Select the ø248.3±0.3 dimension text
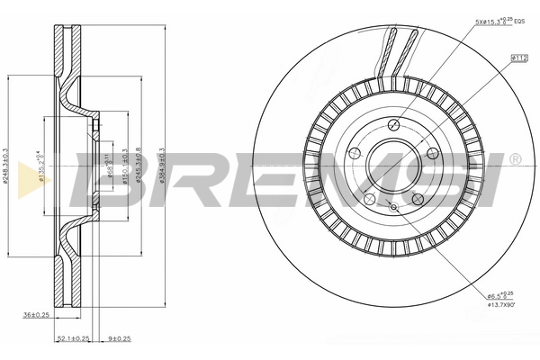tap(6, 166)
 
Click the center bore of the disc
tap(390, 161)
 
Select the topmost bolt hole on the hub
tap(393, 124)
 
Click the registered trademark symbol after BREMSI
tap(514, 159)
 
